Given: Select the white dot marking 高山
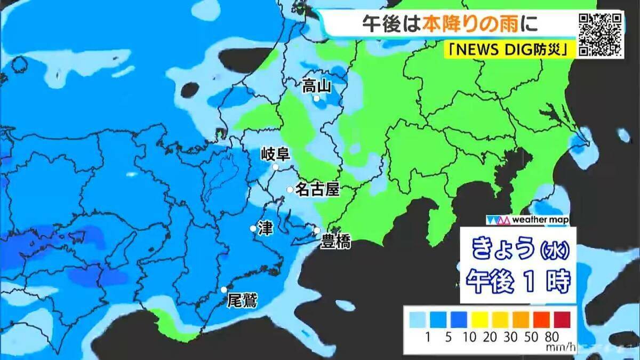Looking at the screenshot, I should pyautogui.click(x=316, y=99).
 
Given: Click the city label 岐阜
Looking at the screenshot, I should pyautogui.click(x=275, y=155).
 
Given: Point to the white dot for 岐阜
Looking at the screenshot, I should pyautogui.click(x=276, y=167).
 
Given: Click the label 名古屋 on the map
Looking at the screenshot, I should pyautogui.click(x=317, y=189).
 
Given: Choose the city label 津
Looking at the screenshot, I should pyautogui.click(x=265, y=228).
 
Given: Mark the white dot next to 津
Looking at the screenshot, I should pyautogui.click(x=253, y=228).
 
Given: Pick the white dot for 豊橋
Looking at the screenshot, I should pyautogui.click(x=317, y=231).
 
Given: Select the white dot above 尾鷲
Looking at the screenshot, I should pyautogui.click(x=224, y=290).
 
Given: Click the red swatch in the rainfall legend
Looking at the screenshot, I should pyautogui.click(x=562, y=319).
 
